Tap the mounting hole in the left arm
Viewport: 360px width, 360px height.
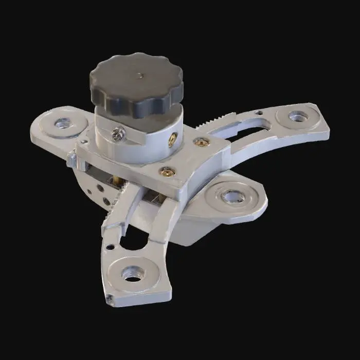tap(63, 123)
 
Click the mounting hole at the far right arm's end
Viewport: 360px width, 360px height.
tap(297, 117)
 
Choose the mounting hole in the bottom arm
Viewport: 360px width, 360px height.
tap(133, 274)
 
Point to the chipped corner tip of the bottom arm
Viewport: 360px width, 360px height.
tap(109, 298)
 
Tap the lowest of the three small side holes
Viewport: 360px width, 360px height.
tap(105, 201)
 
